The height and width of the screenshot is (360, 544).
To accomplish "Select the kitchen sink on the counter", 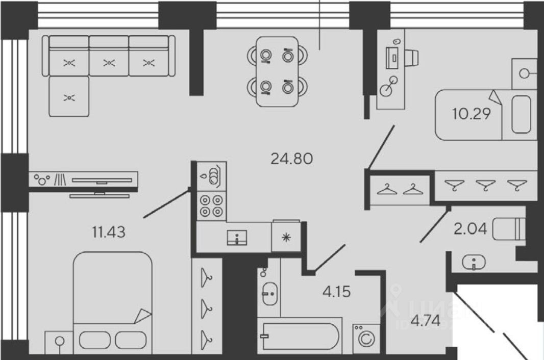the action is click(237, 237).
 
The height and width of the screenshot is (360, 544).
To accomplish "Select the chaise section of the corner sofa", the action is click(69, 96).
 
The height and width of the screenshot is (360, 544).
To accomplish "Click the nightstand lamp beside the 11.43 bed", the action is click(59, 341).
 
